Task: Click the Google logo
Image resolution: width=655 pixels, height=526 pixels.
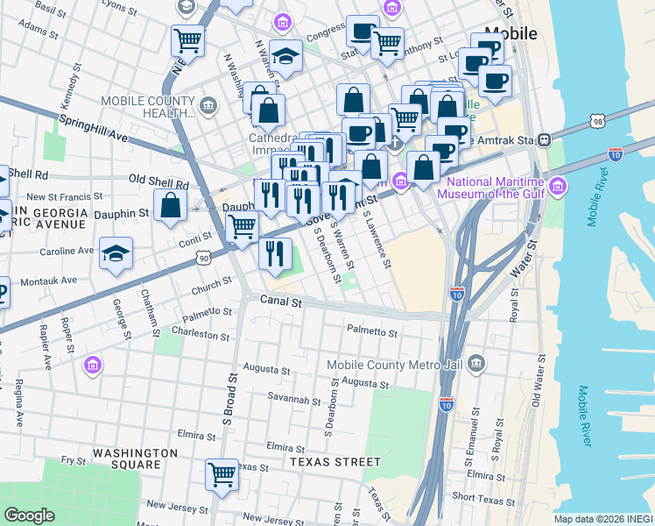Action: tap(30, 515)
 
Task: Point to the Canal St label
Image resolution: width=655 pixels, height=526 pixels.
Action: tap(281, 302)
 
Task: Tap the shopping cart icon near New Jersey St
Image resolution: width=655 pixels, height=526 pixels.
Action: tap(222, 474)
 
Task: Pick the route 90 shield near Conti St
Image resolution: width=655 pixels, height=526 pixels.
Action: tap(204, 259)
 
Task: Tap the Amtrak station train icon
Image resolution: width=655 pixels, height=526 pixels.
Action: tap(544, 139)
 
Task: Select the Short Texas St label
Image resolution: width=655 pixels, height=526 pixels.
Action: tap(482, 501)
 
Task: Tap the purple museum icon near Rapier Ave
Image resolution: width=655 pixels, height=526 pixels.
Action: tap(91, 364)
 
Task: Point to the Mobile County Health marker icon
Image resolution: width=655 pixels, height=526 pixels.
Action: tap(208, 106)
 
